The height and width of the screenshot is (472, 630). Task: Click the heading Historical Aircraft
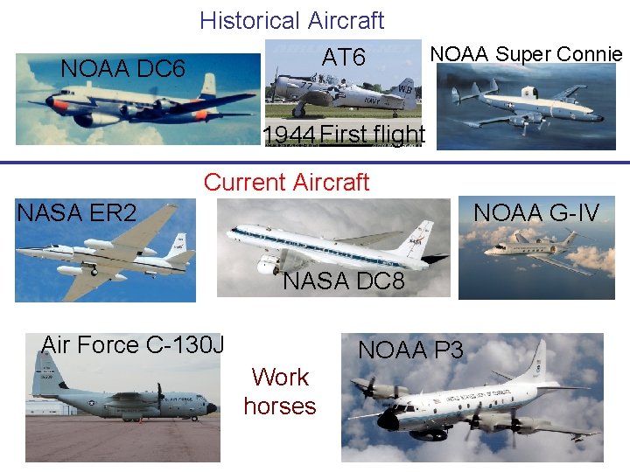291,20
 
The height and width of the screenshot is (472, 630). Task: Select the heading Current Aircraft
286,182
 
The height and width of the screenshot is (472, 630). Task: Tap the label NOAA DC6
122,68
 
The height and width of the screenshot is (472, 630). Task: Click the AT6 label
344,58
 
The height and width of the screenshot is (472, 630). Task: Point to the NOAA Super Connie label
526,54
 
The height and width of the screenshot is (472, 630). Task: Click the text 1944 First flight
344,135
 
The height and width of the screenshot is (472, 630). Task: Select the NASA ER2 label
76,212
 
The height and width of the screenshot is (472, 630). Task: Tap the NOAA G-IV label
536,212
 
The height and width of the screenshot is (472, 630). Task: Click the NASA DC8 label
344,281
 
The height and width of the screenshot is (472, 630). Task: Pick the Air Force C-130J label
132,345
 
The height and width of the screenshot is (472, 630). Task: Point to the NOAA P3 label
410,351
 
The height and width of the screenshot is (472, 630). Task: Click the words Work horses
280,392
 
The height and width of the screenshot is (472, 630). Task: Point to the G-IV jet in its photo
534,246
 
